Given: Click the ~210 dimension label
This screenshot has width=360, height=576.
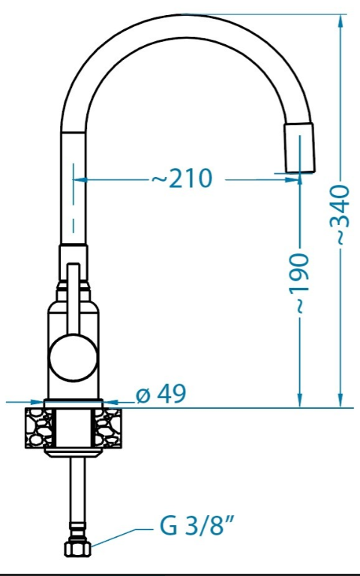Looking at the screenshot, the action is [182, 178].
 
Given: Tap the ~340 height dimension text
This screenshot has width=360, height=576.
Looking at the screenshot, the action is [339, 215].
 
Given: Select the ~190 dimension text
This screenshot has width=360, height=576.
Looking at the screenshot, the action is [298, 283].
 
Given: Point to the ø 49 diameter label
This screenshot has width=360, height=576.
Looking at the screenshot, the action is [161, 394].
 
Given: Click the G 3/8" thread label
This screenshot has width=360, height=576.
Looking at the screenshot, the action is [197, 526].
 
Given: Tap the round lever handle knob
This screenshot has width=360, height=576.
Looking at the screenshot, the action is [73, 358].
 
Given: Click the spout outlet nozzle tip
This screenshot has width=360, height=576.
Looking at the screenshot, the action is [299, 148].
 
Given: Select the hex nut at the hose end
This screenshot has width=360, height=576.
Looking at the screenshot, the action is [77, 548].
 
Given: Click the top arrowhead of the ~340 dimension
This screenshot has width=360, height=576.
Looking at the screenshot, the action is [340, 21].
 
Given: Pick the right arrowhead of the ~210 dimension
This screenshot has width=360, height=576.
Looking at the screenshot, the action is [292, 180].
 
